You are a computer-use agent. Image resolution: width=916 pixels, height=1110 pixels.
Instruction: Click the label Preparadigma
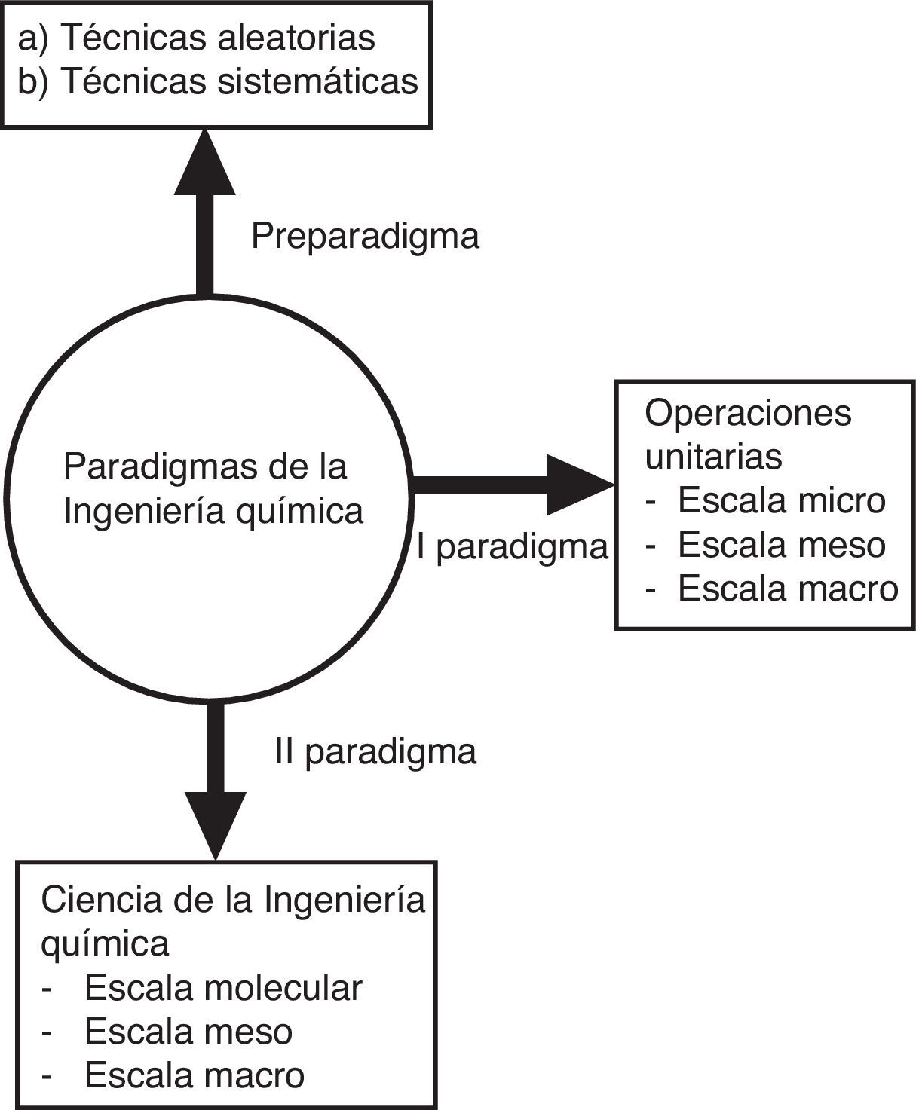(x=365, y=237)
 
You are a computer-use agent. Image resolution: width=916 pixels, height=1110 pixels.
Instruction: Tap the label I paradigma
(x=512, y=547)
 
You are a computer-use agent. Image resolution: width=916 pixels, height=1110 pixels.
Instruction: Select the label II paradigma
(x=375, y=752)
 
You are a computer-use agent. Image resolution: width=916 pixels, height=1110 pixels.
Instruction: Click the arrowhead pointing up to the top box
(x=205, y=164)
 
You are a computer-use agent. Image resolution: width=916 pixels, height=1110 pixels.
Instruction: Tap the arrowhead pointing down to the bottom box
(x=216, y=824)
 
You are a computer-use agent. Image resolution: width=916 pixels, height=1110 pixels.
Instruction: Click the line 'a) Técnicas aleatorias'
(x=197, y=38)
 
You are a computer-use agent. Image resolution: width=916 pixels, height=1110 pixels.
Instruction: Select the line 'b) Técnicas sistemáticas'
(x=218, y=81)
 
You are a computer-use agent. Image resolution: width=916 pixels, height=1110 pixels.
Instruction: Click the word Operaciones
(x=748, y=413)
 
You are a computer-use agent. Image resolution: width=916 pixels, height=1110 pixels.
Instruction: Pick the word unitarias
(x=713, y=456)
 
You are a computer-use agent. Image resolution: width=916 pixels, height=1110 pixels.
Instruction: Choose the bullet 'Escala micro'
(x=781, y=500)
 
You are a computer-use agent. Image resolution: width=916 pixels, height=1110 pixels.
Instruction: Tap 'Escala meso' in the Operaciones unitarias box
(x=781, y=545)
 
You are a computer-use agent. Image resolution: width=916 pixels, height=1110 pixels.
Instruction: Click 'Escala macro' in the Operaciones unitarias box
(x=788, y=589)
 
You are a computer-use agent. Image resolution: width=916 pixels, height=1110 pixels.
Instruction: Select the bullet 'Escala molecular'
(x=223, y=988)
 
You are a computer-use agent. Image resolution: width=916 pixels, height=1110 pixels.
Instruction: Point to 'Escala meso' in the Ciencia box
(x=188, y=1032)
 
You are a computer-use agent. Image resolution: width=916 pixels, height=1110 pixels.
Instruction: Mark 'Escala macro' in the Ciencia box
(x=195, y=1075)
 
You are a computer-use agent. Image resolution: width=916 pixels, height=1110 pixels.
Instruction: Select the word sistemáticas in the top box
(x=317, y=81)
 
